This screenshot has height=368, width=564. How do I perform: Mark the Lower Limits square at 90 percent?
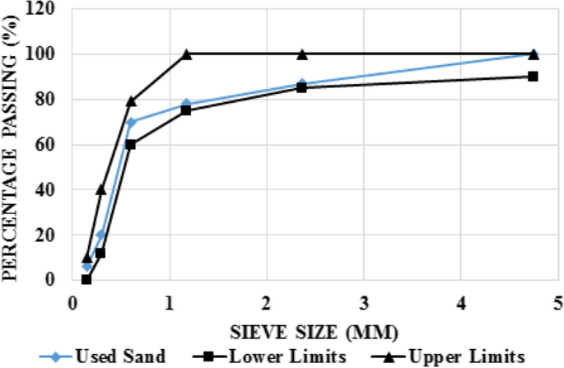pyautogui.click(x=533, y=77)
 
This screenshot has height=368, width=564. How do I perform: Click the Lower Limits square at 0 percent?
pyautogui.click(x=86, y=279)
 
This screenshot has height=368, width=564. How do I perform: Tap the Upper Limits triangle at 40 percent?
pyautogui.click(x=100, y=189)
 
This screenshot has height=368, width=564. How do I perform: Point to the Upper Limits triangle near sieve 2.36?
pyautogui.click(x=301, y=54)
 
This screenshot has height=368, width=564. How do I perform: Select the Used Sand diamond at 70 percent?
pyautogui.click(x=130, y=122)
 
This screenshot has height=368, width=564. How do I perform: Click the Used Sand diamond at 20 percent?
pyautogui.click(x=100, y=235)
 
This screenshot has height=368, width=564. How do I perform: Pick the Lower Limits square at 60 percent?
pyautogui.click(x=130, y=145)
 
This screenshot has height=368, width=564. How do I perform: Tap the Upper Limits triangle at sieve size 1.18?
pyautogui.click(x=186, y=54)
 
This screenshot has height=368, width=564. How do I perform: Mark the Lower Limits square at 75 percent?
pyautogui.click(x=186, y=110)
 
